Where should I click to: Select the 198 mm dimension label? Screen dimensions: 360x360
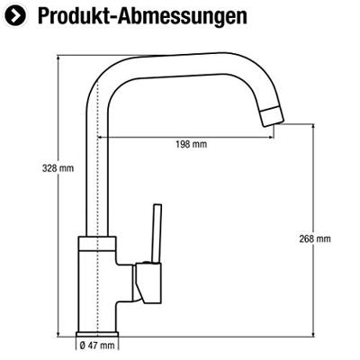coord(192,144)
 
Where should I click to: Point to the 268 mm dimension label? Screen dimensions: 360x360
coord(315,238)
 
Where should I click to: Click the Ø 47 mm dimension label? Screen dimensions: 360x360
coord(97,345)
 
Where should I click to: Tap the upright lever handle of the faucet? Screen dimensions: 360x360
coord(152,233)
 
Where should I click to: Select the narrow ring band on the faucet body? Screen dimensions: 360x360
coord(97,243)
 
